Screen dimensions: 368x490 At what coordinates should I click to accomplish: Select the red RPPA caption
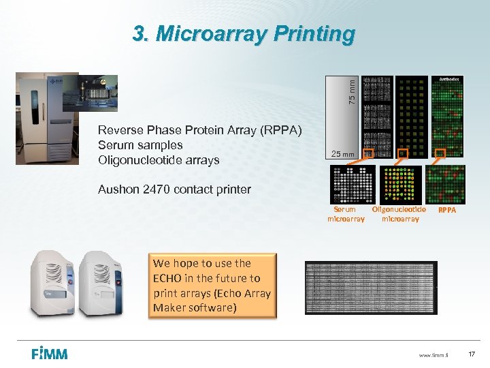[x=447, y=211]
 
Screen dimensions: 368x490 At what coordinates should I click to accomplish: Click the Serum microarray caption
[x=346, y=214]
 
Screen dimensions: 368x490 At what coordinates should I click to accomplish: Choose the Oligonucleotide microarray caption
[x=399, y=214]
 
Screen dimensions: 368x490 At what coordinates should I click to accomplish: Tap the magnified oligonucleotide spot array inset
[x=399, y=184]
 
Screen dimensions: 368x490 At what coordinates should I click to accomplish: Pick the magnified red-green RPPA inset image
[x=445, y=184]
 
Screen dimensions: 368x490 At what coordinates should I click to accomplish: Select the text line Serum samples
[x=140, y=145]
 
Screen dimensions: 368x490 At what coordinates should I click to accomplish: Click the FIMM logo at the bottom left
[x=49, y=354]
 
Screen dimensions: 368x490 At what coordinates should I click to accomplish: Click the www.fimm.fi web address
[x=433, y=354]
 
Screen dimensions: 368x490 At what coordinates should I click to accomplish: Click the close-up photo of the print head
[x=90, y=92]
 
